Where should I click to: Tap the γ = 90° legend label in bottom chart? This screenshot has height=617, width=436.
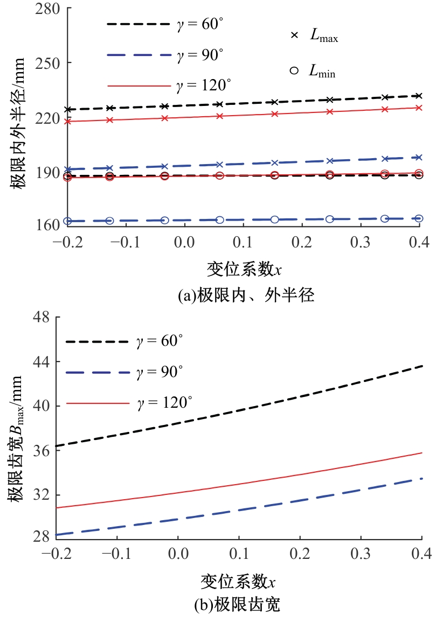pos(161,372)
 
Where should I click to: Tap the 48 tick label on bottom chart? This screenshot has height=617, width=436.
pos(42,317)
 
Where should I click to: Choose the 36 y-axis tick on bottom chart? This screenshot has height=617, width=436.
pos(42,450)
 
